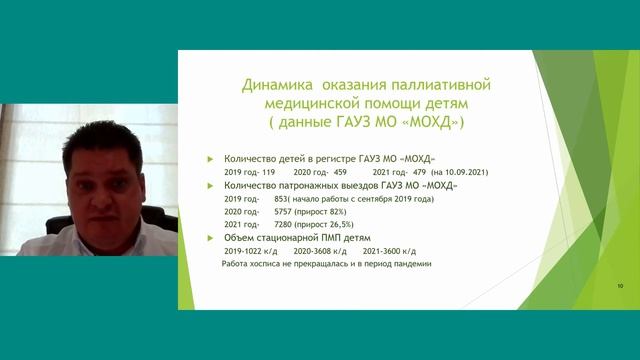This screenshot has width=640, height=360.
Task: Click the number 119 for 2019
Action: point(266,172)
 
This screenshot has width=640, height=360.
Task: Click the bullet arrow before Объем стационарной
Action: point(209,237)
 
